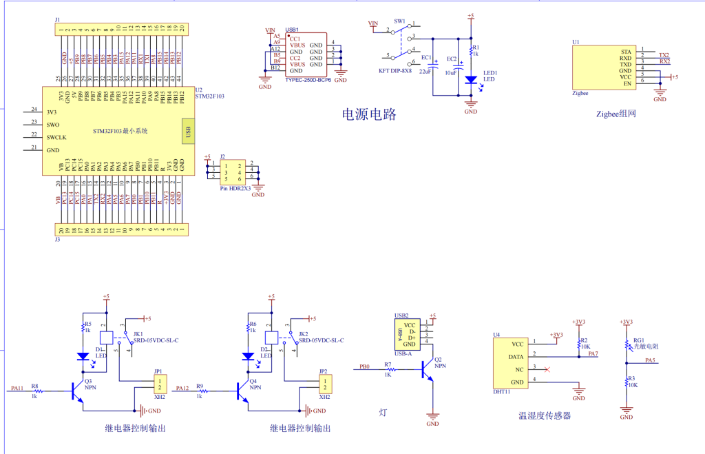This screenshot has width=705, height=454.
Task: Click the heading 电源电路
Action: pos(369,114)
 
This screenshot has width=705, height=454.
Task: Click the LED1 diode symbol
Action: pos(471,80)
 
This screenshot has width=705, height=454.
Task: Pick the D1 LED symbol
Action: pos(83,356)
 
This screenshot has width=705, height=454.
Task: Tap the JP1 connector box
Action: pos(159,384)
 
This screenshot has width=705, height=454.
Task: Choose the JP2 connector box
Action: pos(324,384)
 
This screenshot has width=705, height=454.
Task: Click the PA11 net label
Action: pos(17,389)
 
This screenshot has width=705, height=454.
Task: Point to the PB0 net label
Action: pos(365,367)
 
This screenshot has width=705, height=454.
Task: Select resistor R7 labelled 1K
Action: pos(388,370)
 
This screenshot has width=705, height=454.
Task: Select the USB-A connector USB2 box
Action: pos(409,334)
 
